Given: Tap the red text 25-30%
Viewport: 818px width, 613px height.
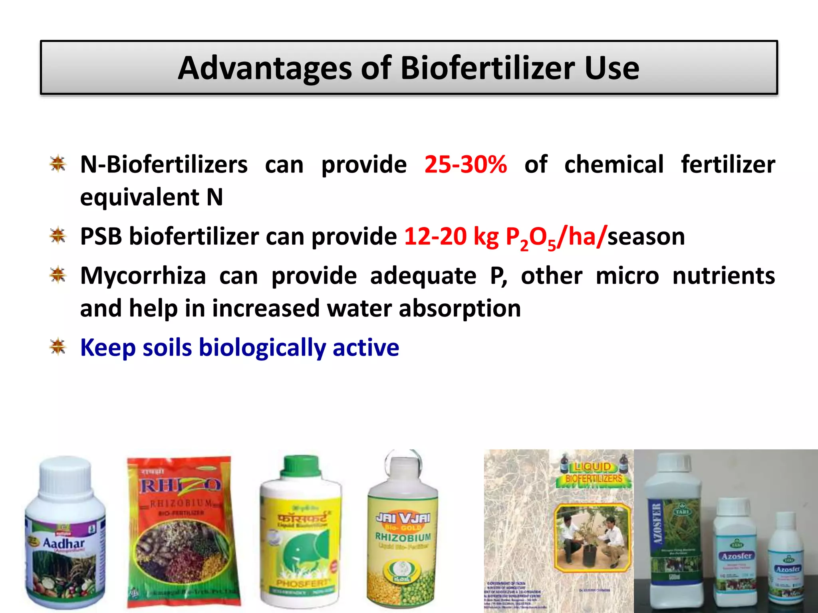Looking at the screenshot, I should pyautogui.click(x=465, y=164).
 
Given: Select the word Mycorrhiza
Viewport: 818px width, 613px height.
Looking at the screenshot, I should pyautogui.click(x=143, y=276).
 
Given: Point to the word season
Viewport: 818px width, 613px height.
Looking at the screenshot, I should pyautogui.click(x=646, y=236).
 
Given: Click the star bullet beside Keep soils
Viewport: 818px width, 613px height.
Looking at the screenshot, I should pyautogui.click(x=58, y=347).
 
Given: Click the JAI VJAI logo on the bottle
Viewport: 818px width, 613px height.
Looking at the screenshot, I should pyautogui.click(x=403, y=518).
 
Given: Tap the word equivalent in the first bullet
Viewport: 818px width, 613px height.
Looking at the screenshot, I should pyautogui.click(x=139, y=197).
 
